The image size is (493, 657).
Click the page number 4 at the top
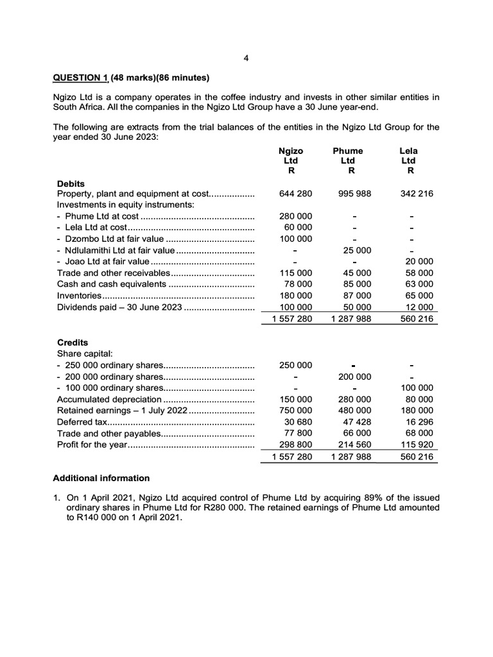pos(246,58)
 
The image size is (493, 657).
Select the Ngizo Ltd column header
pos(291,160)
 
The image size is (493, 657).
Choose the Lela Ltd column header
pos(408,160)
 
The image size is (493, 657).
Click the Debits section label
pos(71,183)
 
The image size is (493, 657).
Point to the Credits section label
pos(73,343)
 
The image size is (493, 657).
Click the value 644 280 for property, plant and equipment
pos(296,194)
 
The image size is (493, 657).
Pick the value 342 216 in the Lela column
pos(415,194)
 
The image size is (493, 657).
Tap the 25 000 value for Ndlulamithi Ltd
pos(357,250)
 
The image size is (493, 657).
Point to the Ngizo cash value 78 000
pos(298,284)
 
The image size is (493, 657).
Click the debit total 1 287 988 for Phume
pos(350,318)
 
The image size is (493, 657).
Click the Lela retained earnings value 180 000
pos(418,410)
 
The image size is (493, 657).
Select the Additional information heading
pos(101,478)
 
